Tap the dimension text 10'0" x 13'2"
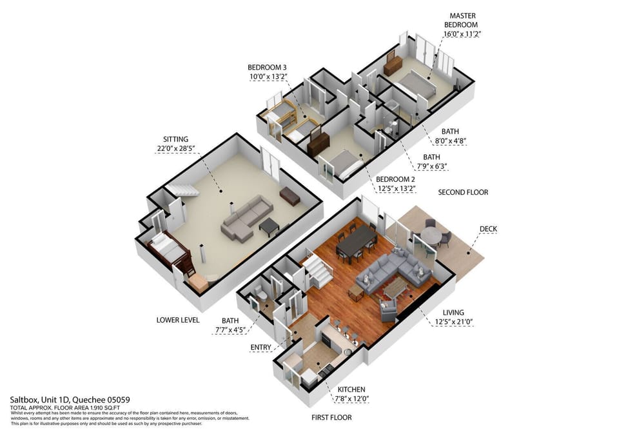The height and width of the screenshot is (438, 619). tap(267, 77)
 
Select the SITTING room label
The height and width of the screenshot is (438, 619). tap(175, 139)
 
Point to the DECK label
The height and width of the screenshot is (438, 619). tap(488, 229)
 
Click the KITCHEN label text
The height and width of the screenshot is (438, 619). tap(351, 390)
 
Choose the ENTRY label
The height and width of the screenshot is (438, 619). tap(261, 348)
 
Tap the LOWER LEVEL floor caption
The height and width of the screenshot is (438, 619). tap(178, 320)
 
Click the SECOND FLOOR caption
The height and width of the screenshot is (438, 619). tap(463, 192)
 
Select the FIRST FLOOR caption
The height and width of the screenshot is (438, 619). tap(331, 417)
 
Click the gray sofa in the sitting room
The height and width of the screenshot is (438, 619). tap(246, 217)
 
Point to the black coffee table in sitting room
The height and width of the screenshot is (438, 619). tap(269, 225)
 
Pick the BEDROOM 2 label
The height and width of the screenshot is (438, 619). tap(396, 179)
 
